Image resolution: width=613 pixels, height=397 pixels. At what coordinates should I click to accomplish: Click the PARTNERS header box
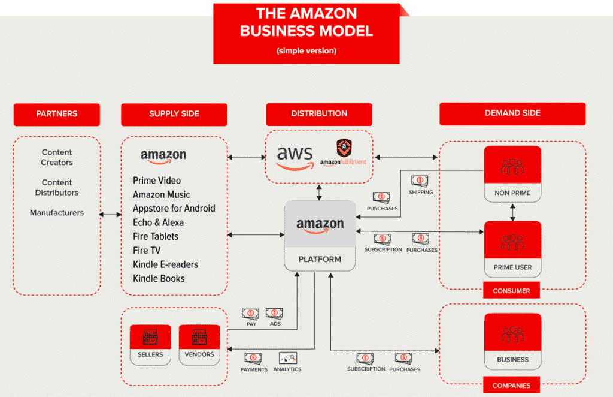[57, 114]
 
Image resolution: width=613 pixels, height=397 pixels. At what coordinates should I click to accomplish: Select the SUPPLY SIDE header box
[174, 114]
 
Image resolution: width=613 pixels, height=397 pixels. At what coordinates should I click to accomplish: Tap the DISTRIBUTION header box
[319, 114]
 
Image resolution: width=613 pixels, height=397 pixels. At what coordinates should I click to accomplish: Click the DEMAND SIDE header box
[512, 113]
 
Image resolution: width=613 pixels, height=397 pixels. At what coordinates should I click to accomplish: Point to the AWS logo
[295, 157]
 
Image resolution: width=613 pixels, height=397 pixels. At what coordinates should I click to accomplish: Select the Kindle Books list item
[159, 278]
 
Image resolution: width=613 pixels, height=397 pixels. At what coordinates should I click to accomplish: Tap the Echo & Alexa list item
[158, 222]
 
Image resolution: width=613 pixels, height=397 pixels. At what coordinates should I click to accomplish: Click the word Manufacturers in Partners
[57, 213]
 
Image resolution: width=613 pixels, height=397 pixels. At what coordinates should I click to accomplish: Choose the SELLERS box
[150, 345]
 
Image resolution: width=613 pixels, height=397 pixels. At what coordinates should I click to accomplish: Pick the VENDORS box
[199, 345]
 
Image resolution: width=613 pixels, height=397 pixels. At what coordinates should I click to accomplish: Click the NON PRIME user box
[512, 174]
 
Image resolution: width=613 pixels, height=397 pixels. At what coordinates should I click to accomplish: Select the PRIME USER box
[512, 249]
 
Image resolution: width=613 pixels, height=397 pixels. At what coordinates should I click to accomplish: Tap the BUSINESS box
[512, 341]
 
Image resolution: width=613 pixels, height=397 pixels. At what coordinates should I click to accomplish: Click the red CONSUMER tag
[511, 291]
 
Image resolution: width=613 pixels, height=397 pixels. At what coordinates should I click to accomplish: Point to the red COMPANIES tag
[511, 386]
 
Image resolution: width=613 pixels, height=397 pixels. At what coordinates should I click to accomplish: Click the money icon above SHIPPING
[419, 181]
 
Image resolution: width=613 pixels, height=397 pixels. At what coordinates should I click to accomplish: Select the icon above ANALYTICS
[288, 357]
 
